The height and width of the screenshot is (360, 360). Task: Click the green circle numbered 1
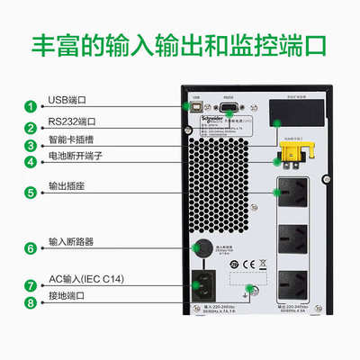[x=30, y=106]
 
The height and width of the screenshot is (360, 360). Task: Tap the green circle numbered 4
[x=30, y=162]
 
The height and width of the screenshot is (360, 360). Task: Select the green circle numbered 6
[x=30, y=247]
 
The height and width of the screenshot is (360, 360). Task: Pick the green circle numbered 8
[x=30, y=303]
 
